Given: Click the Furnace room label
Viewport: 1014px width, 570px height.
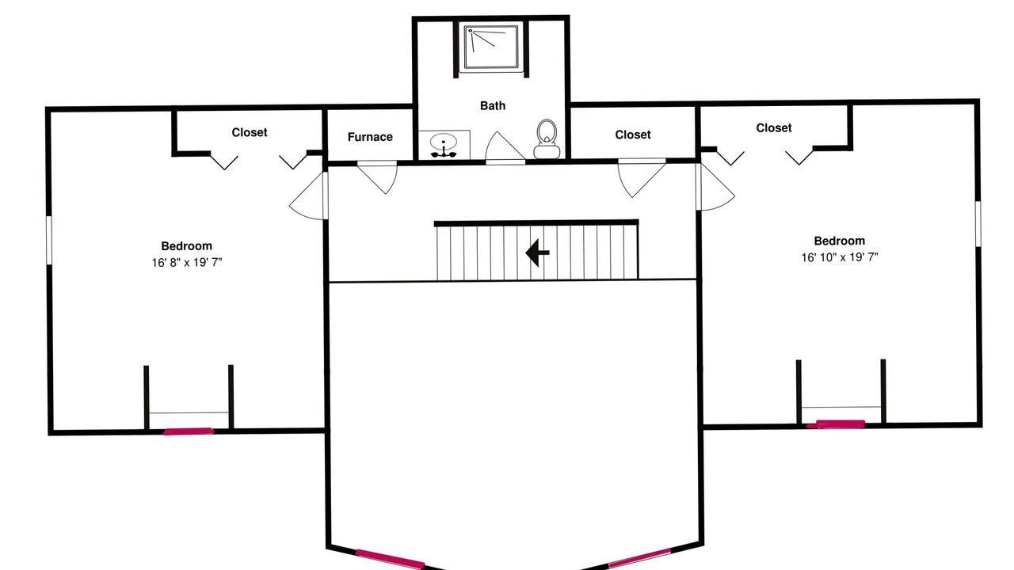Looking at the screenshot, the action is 370,137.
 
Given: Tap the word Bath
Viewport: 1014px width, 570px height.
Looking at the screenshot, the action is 493,105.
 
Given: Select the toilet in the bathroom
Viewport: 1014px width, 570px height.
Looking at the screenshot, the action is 547,139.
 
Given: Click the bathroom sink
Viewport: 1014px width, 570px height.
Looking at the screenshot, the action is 444,145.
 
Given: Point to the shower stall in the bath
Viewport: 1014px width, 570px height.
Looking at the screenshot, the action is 491,47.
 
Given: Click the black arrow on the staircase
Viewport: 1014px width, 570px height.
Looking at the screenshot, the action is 537,253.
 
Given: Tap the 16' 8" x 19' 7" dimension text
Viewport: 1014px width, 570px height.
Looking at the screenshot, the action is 186,262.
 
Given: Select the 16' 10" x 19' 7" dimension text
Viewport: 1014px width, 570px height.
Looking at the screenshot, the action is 839,257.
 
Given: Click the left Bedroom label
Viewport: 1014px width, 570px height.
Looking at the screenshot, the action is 186,246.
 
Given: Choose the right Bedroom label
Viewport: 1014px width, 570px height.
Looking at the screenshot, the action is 839,241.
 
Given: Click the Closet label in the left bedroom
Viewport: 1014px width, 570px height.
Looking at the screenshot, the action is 250,132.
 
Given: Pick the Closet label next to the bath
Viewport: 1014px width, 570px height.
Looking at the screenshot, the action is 633,135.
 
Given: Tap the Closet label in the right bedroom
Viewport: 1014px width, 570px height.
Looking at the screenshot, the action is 774,128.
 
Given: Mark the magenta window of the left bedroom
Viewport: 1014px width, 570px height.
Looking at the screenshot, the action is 188,431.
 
